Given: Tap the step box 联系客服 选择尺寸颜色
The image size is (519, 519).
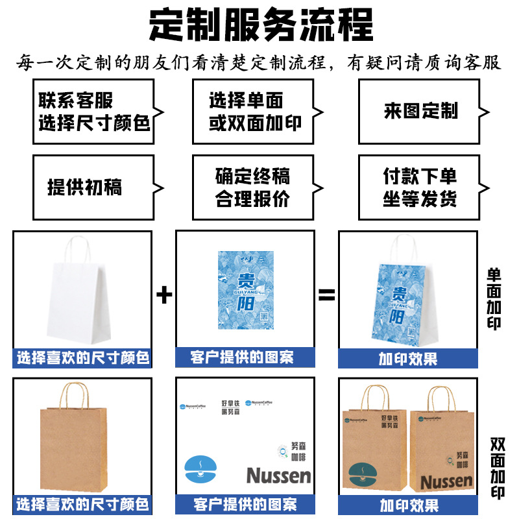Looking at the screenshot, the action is click(94, 112).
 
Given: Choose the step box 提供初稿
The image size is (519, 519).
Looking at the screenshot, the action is click(94, 187).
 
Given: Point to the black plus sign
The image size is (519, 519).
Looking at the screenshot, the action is click(165, 296).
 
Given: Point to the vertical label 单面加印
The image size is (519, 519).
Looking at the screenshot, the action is click(495, 298).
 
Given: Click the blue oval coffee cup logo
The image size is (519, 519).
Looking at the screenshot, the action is click(201, 470).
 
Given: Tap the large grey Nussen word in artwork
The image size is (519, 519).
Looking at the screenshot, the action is click(278, 476).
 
